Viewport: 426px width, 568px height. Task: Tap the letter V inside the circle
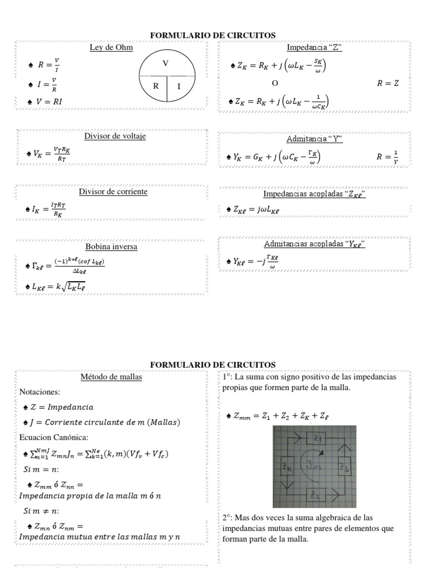coord(165,64)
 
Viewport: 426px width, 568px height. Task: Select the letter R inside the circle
coord(156,87)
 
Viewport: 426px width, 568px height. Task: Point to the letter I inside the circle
coord(179,87)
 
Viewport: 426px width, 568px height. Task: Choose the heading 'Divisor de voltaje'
coord(115,136)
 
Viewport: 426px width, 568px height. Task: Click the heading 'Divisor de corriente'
coord(113,191)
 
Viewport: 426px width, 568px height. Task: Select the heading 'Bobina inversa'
coord(111,246)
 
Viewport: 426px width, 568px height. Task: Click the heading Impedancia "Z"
coord(315,47)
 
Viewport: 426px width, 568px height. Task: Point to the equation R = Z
coord(388,83)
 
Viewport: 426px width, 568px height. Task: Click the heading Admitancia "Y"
coord(315,139)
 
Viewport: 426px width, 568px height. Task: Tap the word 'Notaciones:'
coord(39,392)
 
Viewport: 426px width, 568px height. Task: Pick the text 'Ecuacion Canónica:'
coord(51,437)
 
